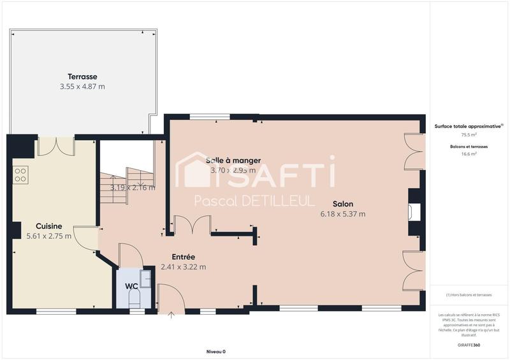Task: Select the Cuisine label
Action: tap(48, 226)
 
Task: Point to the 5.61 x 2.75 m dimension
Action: tap(48, 236)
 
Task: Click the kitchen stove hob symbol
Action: tap(20, 174)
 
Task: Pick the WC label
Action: tap(131, 287)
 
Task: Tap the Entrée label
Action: tap(183, 257)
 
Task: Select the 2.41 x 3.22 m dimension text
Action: tap(183, 267)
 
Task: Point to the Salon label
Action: tap(342, 204)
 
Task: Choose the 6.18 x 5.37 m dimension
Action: tap(342, 215)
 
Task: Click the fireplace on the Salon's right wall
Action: tap(415, 212)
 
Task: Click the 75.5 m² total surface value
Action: tap(469, 135)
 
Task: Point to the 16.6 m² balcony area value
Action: tap(469, 154)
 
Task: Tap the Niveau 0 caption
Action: tap(216, 352)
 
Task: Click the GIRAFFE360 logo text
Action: tap(469, 344)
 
